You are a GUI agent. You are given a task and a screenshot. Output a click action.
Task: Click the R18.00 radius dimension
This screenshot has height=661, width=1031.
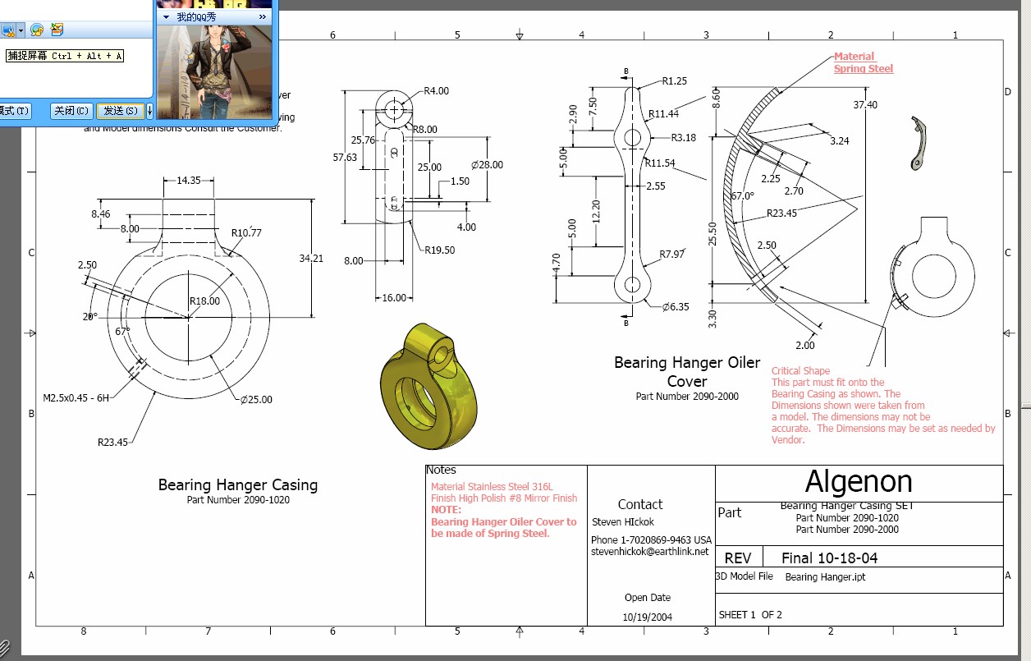coord(204,301)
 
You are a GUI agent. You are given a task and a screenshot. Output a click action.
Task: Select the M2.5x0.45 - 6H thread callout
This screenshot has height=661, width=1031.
coord(76,397)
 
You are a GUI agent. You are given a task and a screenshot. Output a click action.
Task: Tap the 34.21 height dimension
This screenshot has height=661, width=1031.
coord(311,259)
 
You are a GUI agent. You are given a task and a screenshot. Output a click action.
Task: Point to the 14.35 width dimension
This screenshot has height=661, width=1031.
coord(188,181)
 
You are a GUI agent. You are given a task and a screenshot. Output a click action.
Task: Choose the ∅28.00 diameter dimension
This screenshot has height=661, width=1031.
coord(487,165)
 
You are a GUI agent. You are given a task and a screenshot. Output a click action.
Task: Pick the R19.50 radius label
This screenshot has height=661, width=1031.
coord(440,250)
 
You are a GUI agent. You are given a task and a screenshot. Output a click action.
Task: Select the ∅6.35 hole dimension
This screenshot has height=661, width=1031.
coord(676,307)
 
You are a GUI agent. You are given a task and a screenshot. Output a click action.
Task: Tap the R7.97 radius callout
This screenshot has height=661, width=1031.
coord(671,255)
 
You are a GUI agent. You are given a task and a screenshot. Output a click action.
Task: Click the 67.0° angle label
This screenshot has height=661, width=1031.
coord(742,196)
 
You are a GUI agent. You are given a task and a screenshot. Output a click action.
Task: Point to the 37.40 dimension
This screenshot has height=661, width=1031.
coord(865,105)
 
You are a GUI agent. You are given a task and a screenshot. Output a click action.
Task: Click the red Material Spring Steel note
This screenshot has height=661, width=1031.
coord(863,62)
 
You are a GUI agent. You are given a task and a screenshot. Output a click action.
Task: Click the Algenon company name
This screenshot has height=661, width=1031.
coord(859,481)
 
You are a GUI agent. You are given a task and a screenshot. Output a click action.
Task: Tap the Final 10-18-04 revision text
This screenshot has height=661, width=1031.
coord(829,558)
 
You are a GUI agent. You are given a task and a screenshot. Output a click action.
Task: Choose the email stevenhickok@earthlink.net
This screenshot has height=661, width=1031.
coord(649,552)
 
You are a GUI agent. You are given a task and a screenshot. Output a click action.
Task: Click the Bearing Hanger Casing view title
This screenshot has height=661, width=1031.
coord(237,485)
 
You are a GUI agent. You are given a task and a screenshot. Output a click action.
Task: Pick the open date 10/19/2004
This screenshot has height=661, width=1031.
coord(647,617)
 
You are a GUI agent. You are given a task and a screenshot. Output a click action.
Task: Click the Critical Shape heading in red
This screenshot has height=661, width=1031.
coord(800,371)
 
